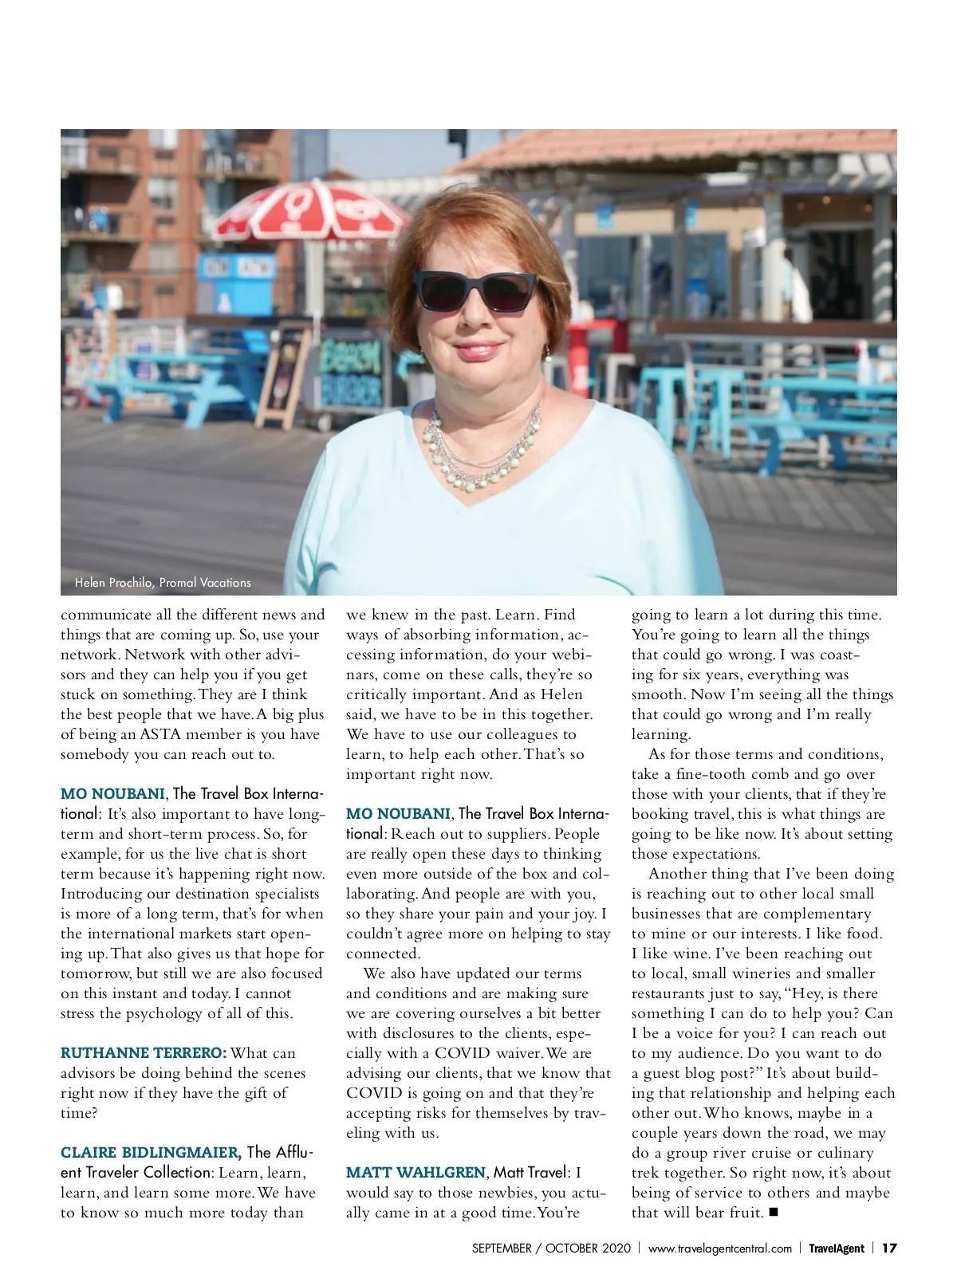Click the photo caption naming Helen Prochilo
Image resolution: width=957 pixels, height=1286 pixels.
click(163, 583)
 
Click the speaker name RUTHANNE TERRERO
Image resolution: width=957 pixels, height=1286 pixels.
click(144, 1053)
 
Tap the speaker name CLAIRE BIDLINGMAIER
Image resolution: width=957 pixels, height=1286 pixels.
click(151, 1153)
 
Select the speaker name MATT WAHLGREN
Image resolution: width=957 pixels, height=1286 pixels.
click(415, 1173)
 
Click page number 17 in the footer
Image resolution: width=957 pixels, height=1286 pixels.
click(890, 1249)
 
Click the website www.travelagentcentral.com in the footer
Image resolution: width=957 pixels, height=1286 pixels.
click(719, 1249)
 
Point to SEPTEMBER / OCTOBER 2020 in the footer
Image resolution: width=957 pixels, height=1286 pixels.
click(551, 1249)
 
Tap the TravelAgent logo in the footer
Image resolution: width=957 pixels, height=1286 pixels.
click(837, 1249)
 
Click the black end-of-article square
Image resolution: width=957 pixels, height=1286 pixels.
click(774, 1213)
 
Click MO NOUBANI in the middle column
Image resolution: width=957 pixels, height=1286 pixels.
click(398, 814)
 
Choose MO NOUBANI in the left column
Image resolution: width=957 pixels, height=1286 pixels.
click(112, 794)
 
